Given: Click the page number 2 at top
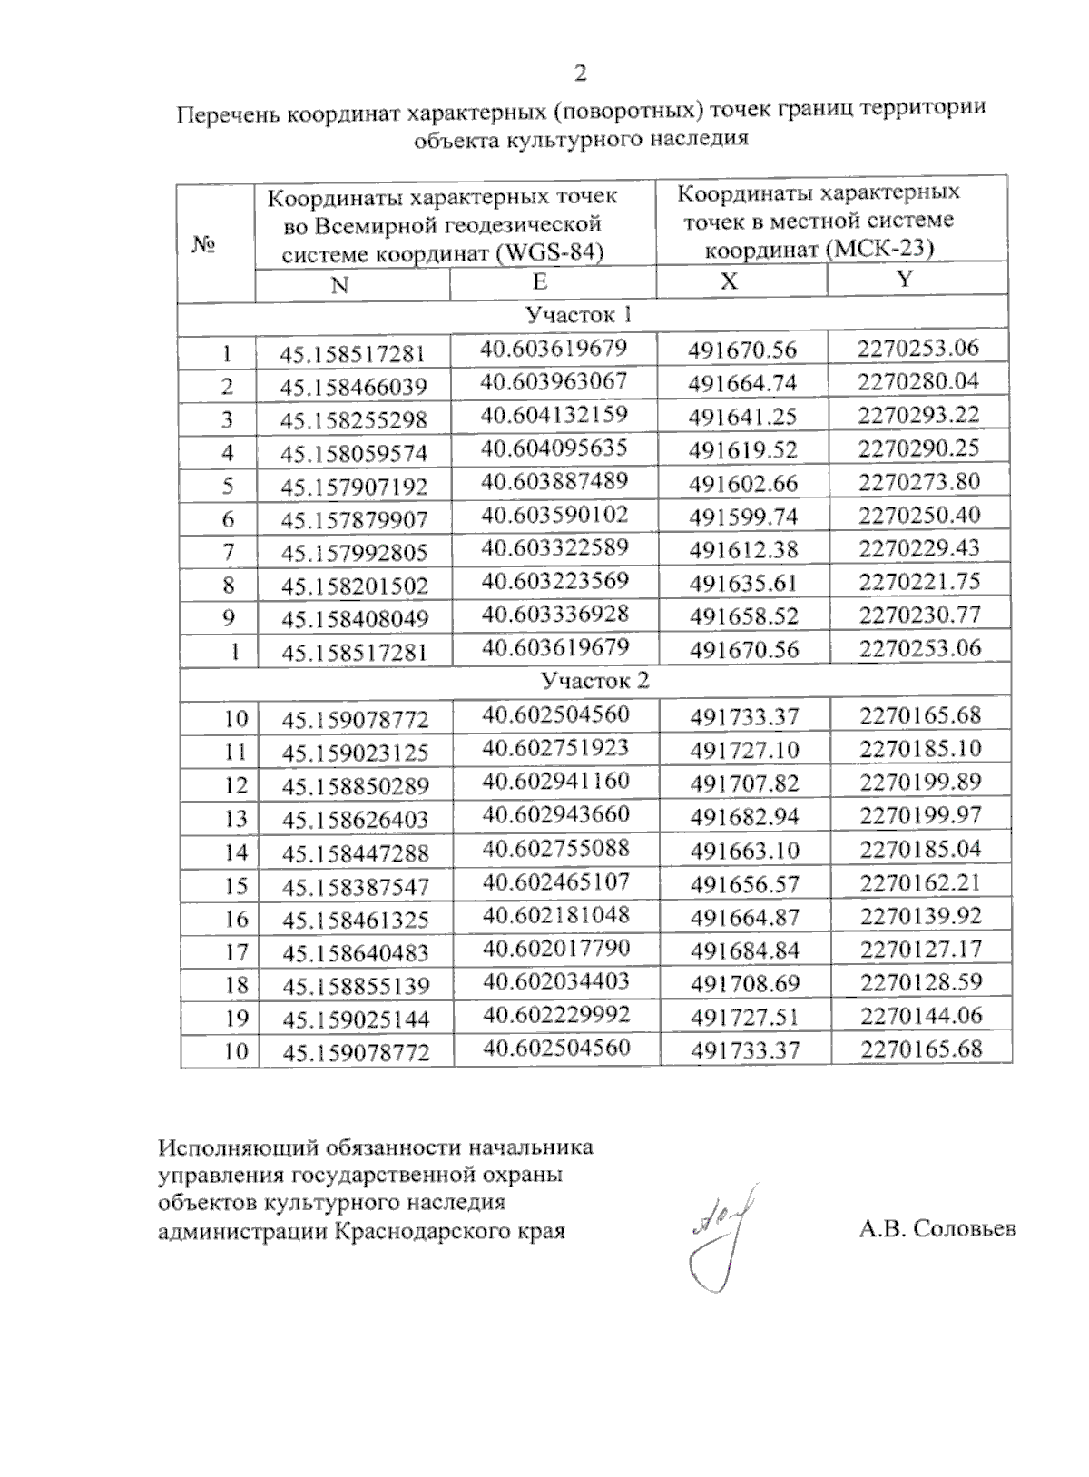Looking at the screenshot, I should pos(581,74).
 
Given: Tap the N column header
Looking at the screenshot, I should pos(339,285).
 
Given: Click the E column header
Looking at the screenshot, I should pos(540,281).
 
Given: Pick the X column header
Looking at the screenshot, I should pos(729,281).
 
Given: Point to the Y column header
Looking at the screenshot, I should pos(904,280).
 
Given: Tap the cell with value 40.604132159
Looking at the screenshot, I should pos(554,415).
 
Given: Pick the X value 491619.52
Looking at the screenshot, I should pos(743,451).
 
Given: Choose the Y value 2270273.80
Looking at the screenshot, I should pos(919,482).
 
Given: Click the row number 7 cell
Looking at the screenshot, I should pos(227,552).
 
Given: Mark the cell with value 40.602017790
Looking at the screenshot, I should pos(555,948).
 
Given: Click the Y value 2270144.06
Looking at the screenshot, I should pos(921,1016).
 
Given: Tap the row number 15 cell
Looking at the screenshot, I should pos(235,885).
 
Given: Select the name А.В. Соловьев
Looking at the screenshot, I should pos(937,1229).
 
